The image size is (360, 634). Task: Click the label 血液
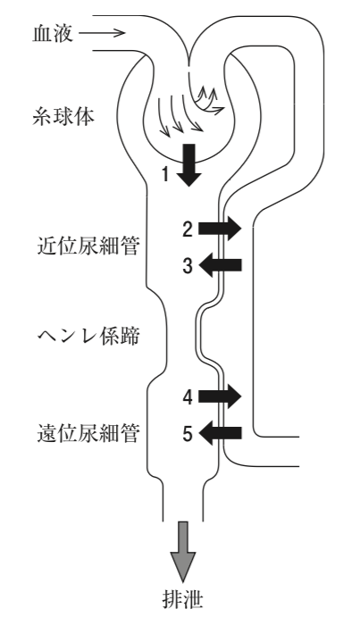[53, 34]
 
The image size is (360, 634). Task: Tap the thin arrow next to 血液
[103, 33]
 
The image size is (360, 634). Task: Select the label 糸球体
[63, 117]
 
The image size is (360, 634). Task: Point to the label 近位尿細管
[88, 246]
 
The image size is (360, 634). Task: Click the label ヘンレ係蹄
[88, 336]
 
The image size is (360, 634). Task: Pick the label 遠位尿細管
[88, 434]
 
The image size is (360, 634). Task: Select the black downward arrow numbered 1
[188, 165]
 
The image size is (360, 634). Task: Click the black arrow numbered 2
[220, 229]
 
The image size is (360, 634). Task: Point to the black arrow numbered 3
[221, 265]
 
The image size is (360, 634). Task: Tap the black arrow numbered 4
[220, 397]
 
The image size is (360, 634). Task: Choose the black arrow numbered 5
[221, 433]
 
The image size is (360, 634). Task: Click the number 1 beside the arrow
[165, 175]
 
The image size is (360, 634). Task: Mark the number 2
[188, 229]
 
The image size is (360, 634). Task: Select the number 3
[188, 266]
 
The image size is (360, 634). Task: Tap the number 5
[188, 434]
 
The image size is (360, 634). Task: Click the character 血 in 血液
[43, 34]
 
